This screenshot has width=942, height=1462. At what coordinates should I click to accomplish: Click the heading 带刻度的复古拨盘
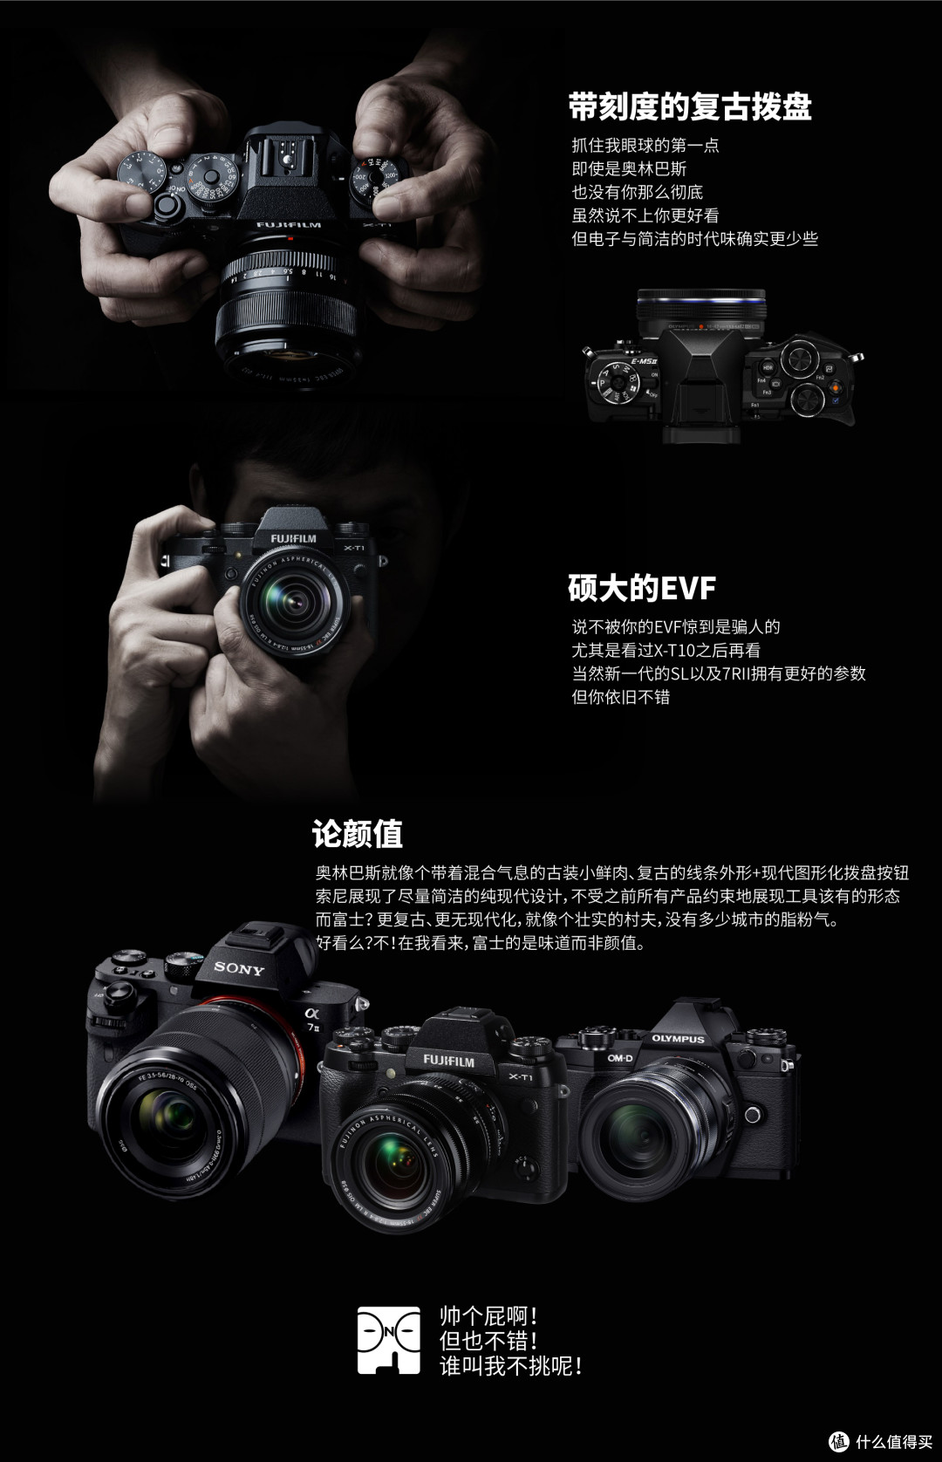click(x=689, y=107)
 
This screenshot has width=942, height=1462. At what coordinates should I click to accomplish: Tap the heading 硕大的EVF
click(x=642, y=587)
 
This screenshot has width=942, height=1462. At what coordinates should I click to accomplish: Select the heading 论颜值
click(x=357, y=833)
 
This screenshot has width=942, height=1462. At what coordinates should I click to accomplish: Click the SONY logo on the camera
click(x=239, y=968)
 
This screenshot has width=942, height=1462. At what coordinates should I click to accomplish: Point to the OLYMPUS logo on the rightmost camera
click(x=679, y=1038)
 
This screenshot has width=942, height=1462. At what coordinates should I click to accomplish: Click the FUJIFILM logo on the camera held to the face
click(x=293, y=538)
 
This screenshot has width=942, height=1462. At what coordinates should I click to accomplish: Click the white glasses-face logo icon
click(x=388, y=1340)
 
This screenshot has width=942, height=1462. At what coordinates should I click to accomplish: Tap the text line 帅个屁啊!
click(x=488, y=1315)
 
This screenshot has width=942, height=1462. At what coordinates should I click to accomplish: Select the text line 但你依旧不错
click(x=621, y=697)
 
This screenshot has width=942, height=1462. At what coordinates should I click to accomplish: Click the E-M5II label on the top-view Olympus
click(x=644, y=361)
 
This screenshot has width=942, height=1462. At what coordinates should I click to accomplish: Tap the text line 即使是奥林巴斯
click(x=629, y=169)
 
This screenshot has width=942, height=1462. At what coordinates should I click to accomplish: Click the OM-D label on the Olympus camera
click(x=619, y=1058)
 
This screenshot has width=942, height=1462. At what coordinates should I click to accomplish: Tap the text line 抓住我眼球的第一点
click(x=645, y=145)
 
